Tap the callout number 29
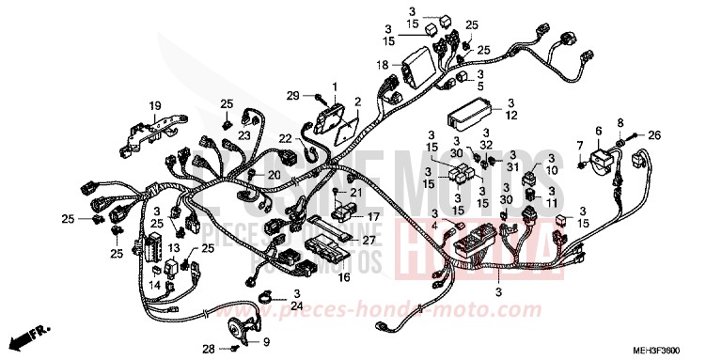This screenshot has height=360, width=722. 292,95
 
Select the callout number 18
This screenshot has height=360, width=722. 383,64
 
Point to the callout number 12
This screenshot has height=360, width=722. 512,117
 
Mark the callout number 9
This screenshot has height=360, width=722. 265,341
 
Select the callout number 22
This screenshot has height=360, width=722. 284,140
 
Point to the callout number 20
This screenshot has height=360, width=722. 275,174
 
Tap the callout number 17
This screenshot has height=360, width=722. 347,215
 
